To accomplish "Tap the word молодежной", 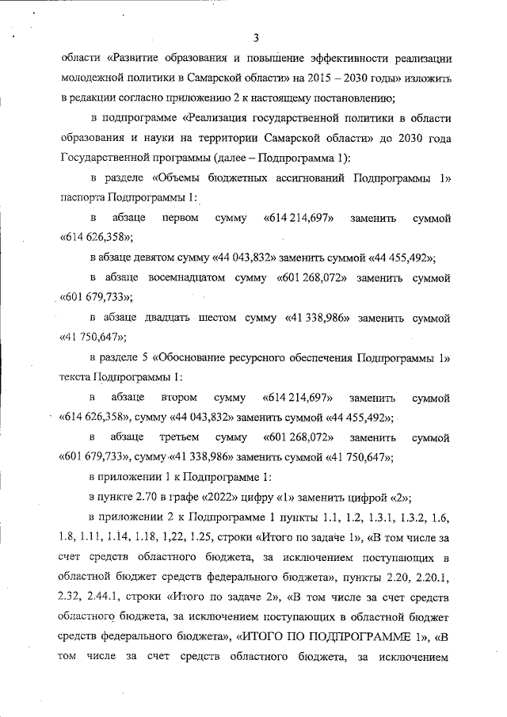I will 92,79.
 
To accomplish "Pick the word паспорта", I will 82,196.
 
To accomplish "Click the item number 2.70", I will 142,497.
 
